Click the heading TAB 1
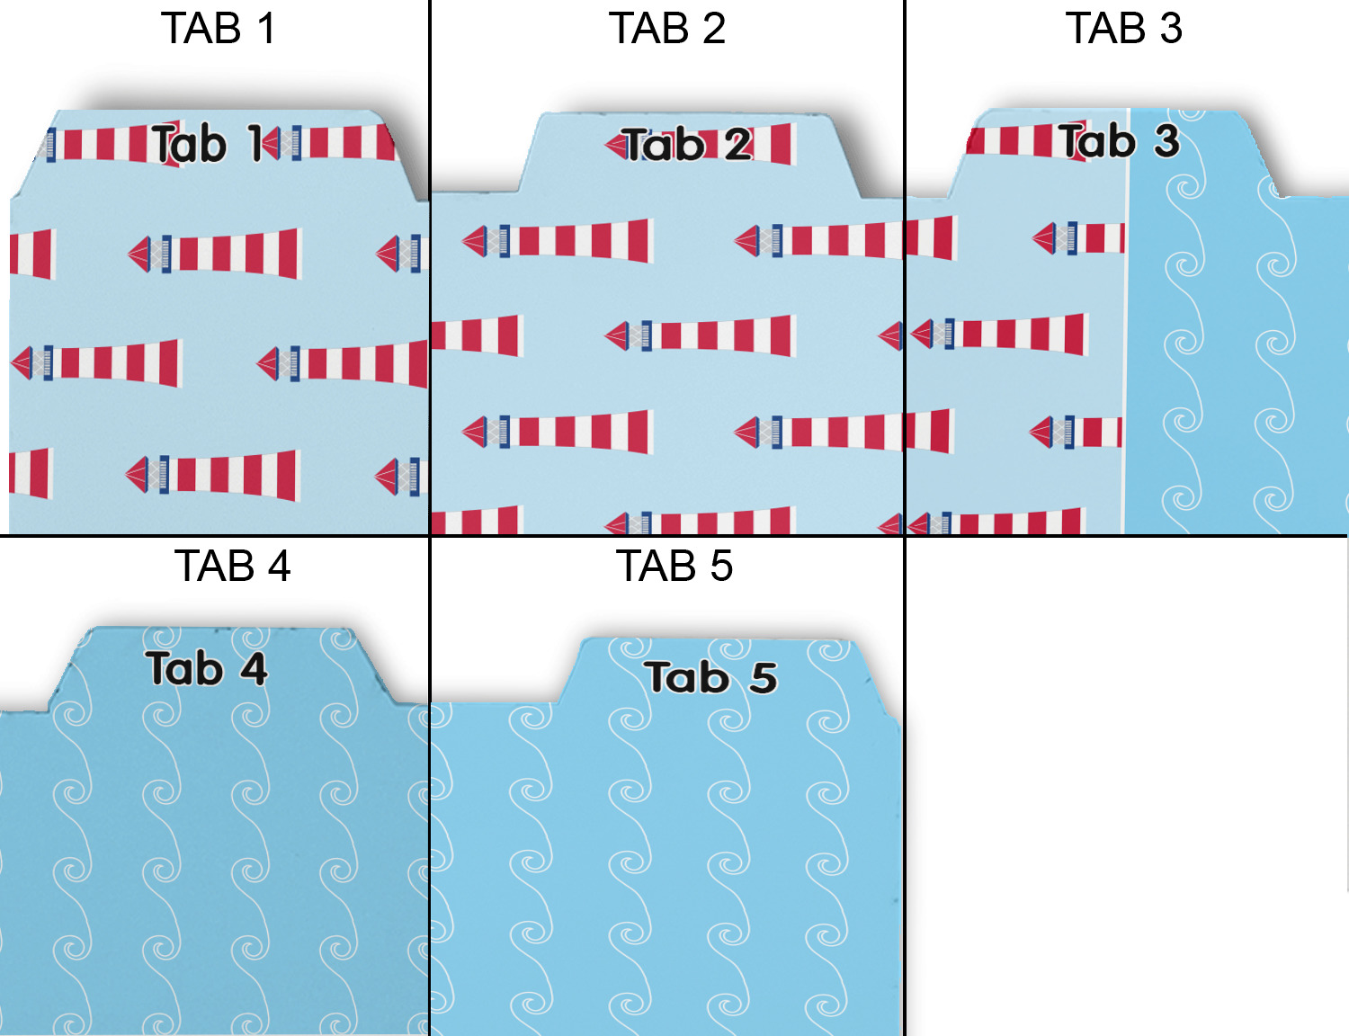pos(218,29)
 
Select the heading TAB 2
pos(666,29)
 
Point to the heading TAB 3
pos(1123,29)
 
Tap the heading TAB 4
pos(232,567)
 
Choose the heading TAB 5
pos(674,567)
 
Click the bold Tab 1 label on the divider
pos(208,144)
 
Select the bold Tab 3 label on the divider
pos(1119,141)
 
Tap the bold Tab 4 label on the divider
pos(206,669)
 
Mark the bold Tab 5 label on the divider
pos(710,678)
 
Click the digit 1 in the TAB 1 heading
pos(266,29)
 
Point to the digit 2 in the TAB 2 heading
pos(714,29)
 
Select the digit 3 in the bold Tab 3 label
pos(1166,141)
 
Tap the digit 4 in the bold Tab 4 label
pos(254,670)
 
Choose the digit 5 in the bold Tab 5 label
pos(764,678)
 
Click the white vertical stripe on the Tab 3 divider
pos(1126,360)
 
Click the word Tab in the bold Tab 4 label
pos(184,669)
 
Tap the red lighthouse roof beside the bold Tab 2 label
pos(614,144)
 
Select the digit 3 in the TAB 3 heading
pos(1171,29)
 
